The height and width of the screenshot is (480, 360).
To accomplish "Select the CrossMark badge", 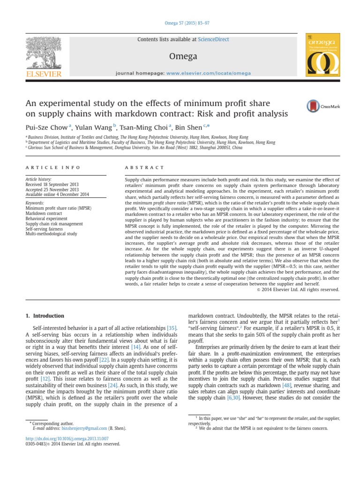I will coord(323,106).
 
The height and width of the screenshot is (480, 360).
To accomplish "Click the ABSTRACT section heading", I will coord(144,167).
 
